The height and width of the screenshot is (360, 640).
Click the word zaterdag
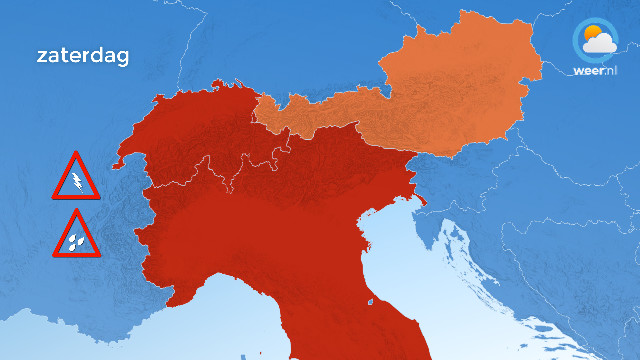(x=82, y=56)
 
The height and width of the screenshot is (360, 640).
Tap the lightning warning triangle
(x=76, y=179)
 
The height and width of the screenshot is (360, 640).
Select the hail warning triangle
(x=76, y=236)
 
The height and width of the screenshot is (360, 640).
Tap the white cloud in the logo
(x=600, y=43)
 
